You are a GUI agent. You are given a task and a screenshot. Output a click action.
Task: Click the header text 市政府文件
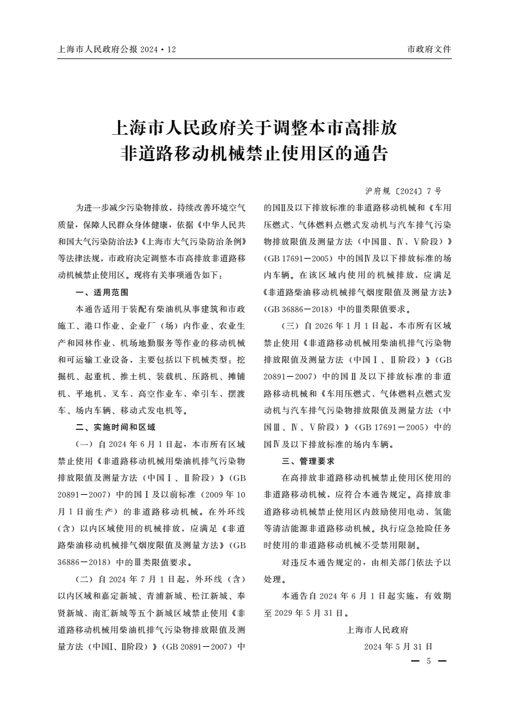click(429, 49)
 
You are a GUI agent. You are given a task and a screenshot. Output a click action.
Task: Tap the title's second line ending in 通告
click(254, 155)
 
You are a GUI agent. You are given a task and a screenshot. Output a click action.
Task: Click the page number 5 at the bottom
click(428, 661)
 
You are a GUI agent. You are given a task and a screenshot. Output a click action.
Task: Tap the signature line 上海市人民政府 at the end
click(377, 629)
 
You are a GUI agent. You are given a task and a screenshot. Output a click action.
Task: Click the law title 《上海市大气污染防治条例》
click(195, 243)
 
